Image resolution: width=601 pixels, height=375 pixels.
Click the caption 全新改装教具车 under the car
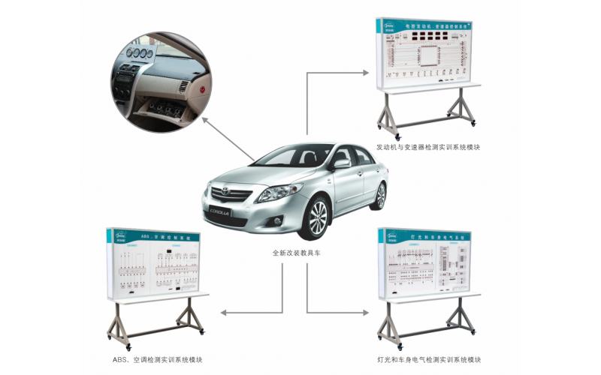pyautogui.click(x=297, y=253)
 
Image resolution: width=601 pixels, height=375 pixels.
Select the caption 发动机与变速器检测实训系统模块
pyautogui.click(x=428, y=148)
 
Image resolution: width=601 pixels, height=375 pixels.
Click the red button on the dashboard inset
pyautogui.click(x=203, y=88)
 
